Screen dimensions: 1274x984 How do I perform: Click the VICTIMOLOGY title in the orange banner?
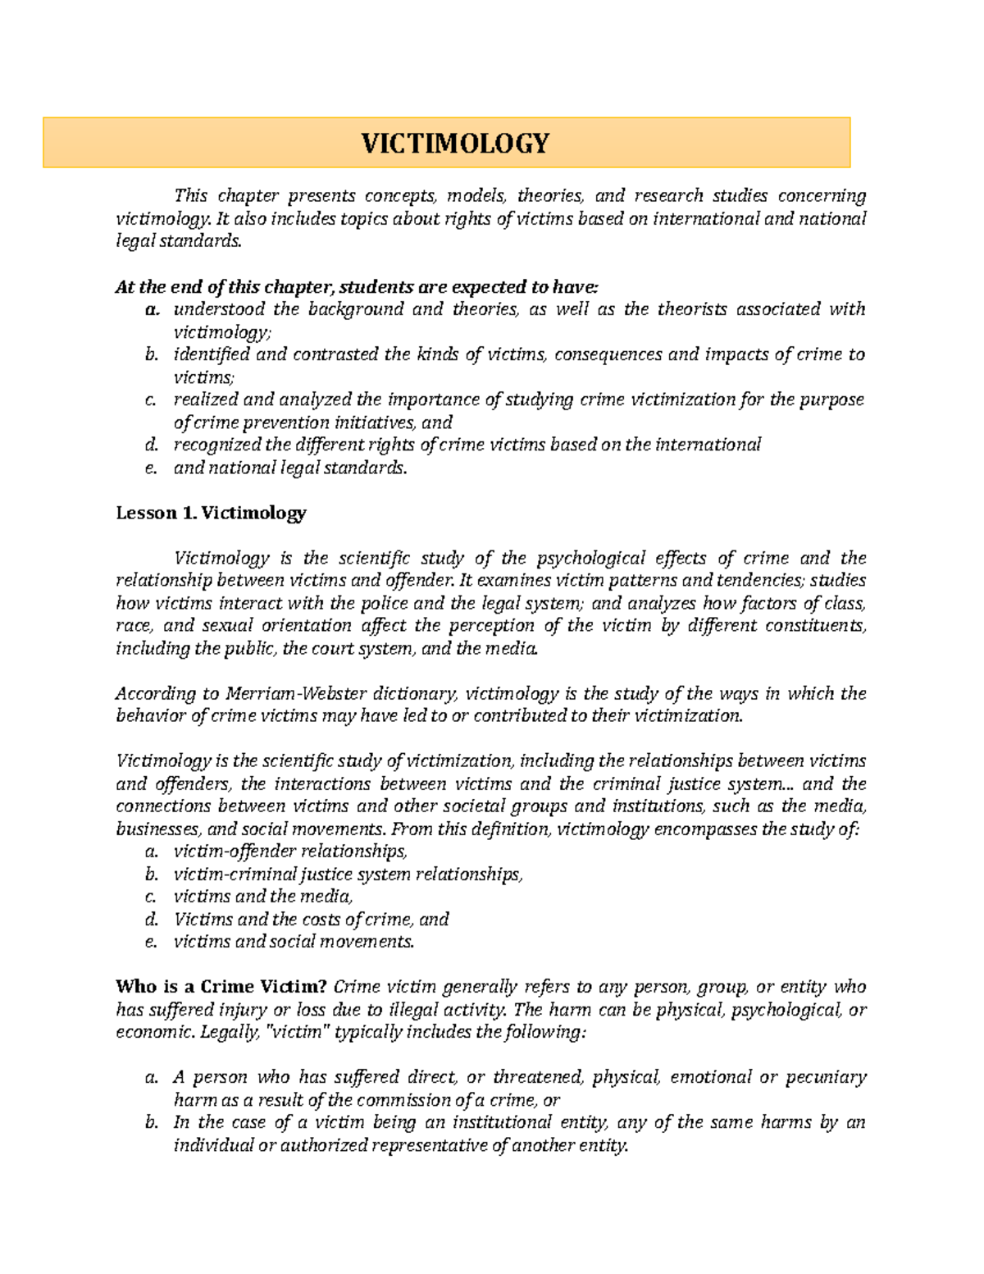tap(456, 144)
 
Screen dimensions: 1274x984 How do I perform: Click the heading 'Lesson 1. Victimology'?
tap(211, 514)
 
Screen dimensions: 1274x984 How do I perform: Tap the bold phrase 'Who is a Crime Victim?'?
tap(221, 987)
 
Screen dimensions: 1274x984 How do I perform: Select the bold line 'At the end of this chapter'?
tap(358, 287)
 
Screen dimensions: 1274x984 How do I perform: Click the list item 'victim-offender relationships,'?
tap(290, 852)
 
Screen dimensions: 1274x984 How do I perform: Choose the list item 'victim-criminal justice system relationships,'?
tap(348, 874)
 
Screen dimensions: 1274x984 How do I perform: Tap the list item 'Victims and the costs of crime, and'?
tap(312, 920)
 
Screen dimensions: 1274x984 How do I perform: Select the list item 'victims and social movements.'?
tap(294, 942)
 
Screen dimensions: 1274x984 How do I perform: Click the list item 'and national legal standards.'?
tap(290, 468)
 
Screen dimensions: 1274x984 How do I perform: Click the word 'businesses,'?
tap(155, 829)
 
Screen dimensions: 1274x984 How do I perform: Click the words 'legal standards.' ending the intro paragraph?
tap(180, 241)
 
